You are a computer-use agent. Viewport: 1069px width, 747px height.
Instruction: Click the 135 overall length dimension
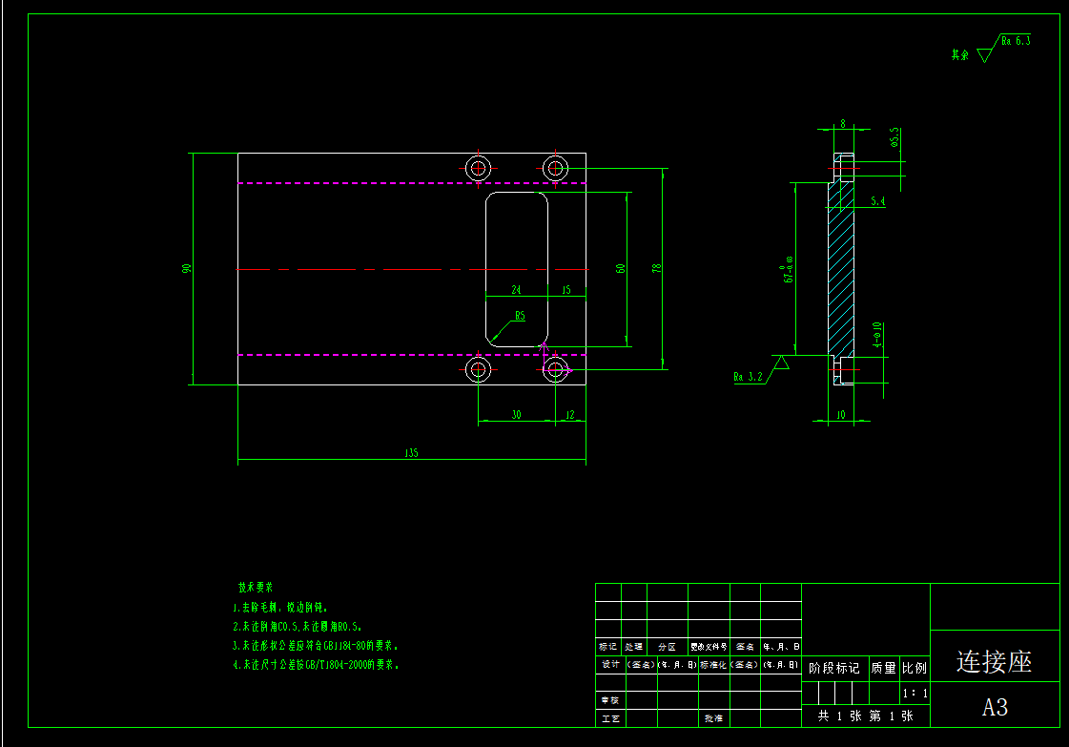[411, 454]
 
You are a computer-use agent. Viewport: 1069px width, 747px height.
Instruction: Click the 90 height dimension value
[187, 268]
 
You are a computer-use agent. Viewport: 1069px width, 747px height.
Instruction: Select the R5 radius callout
[520, 316]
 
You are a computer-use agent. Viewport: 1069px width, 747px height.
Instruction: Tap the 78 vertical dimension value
[656, 268]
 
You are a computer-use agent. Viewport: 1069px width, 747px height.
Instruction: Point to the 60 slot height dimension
[621, 269]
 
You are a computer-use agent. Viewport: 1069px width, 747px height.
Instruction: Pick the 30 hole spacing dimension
[516, 415]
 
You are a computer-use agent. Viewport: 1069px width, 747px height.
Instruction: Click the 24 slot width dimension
[516, 289]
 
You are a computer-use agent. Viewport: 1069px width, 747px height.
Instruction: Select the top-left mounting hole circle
[479, 169]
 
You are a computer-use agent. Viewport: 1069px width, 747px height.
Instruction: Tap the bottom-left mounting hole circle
[479, 369]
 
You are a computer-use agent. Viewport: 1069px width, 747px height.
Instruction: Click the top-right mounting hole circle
[556, 169]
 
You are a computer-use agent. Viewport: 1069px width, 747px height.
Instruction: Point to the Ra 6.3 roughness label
[1016, 41]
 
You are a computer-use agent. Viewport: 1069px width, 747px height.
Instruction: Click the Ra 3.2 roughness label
[749, 377]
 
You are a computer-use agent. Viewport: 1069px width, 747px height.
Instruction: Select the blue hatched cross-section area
[842, 267]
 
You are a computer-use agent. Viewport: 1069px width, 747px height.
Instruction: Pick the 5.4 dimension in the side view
[878, 201]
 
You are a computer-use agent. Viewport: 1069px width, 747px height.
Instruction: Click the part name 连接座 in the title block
[994, 661]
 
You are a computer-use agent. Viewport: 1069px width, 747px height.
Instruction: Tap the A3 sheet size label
[995, 707]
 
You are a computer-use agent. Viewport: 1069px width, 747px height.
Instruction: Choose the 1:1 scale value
[914, 694]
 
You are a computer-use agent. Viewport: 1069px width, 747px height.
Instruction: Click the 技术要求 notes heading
[256, 587]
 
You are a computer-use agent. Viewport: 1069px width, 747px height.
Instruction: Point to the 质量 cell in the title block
[883, 668]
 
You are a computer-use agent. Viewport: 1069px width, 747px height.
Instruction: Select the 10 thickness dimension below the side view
[840, 415]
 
